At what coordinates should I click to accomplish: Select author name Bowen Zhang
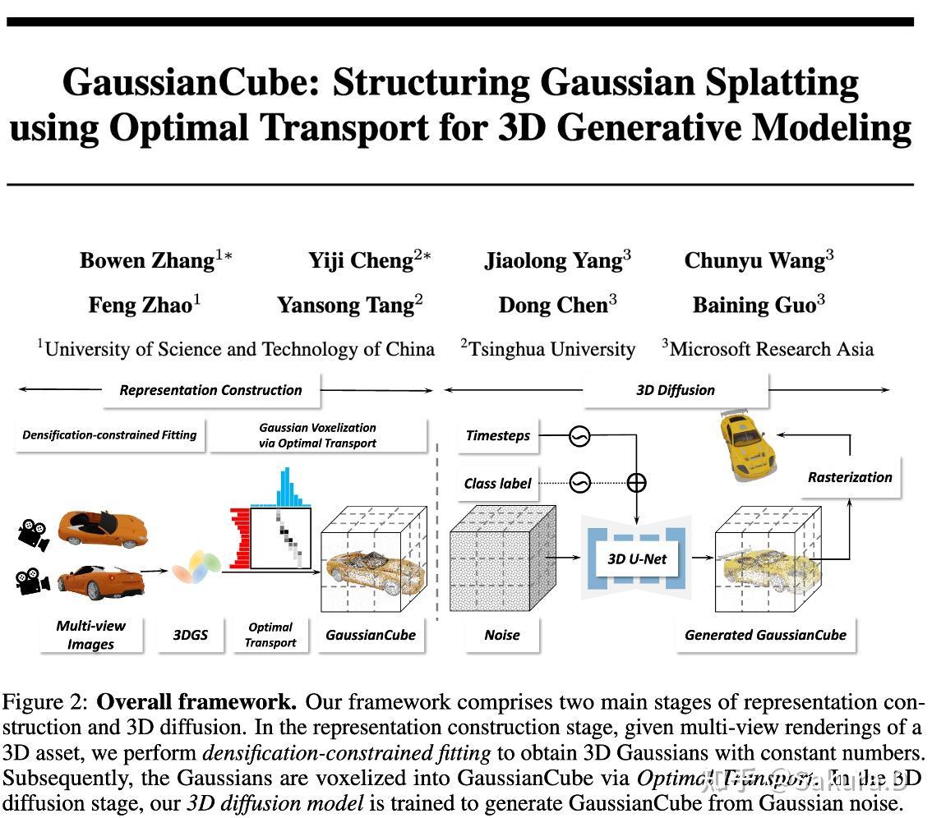click(146, 260)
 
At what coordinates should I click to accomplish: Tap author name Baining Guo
click(754, 305)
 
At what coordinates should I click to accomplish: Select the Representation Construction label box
click(211, 390)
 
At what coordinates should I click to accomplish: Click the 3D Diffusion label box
click(676, 390)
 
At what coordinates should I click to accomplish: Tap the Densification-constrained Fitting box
click(109, 435)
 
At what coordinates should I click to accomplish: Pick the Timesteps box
click(498, 436)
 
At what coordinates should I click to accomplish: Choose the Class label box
click(497, 483)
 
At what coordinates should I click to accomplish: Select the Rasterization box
click(850, 477)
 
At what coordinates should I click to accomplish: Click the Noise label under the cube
click(502, 635)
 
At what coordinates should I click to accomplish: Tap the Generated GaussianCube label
click(765, 635)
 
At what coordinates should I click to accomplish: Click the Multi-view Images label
click(90, 635)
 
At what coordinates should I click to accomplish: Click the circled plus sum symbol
click(636, 483)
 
